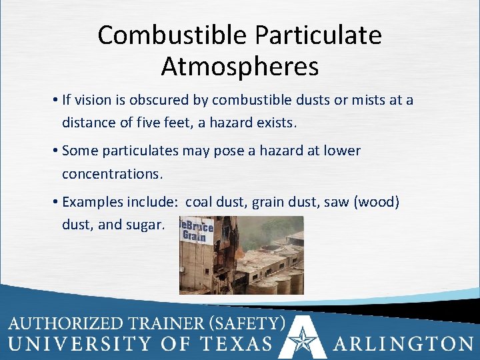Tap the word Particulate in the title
[x=326, y=35]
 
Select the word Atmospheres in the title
[x=240, y=67]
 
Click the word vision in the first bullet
[x=91, y=100]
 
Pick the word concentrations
[x=111, y=173]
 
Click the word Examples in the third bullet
[x=89, y=202]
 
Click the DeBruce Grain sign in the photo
[x=196, y=231]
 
